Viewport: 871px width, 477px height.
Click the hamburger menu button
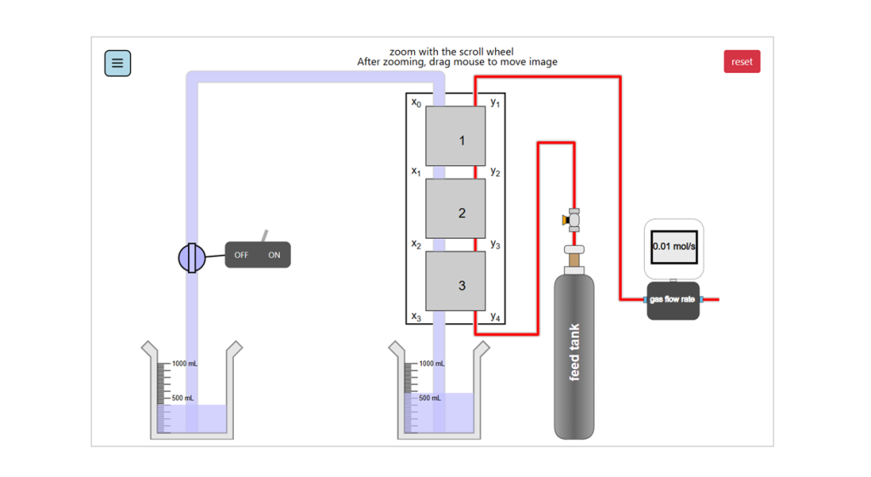pyautogui.click(x=117, y=63)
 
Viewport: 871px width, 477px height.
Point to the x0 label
pyautogui.click(x=416, y=103)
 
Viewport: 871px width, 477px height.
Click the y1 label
pyautogui.click(x=495, y=103)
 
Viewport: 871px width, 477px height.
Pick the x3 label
pyautogui.click(x=416, y=317)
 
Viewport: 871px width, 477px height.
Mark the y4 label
pyautogui.click(x=495, y=317)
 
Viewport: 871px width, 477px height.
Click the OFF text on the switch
pyautogui.click(x=242, y=255)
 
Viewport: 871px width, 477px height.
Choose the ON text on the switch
pyautogui.click(x=274, y=255)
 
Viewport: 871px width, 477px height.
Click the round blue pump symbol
pyautogui.click(x=192, y=257)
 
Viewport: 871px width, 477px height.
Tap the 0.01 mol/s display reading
pyautogui.click(x=674, y=247)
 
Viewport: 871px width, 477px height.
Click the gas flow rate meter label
pyautogui.click(x=672, y=299)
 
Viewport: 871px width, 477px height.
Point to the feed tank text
pyautogui.click(x=575, y=352)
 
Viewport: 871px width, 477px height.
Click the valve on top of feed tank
pyautogui.click(x=573, y=219)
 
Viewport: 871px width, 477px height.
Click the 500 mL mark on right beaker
pyautogui.click(x=430, y=398)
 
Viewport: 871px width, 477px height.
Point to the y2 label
pyautogui.click(x=495, y=172)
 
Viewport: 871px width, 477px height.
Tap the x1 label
pyautogui.click(x=416, y=172)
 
